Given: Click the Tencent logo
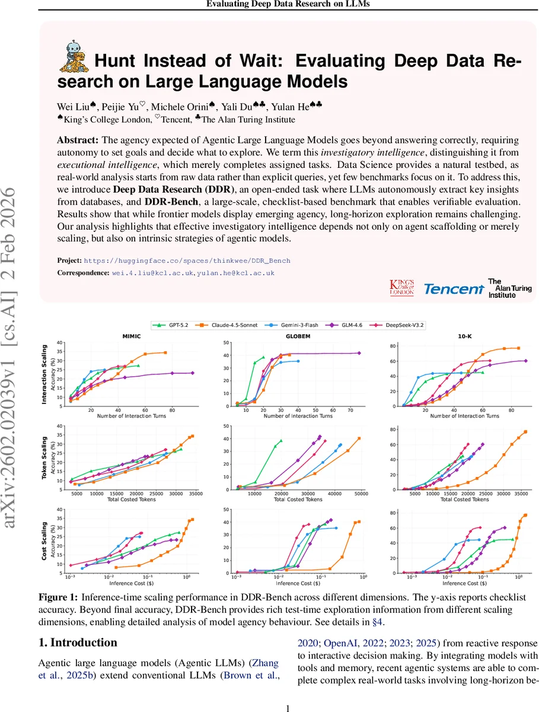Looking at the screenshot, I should click(454, 288).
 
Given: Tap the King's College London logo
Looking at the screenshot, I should click(402, 288).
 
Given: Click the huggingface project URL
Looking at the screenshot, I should click(187, 260).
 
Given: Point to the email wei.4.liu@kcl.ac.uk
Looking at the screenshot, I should click(153, 273).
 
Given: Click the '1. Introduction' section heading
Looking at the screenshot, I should click(78, 643).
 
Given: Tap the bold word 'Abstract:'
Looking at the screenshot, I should click(78, 141).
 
